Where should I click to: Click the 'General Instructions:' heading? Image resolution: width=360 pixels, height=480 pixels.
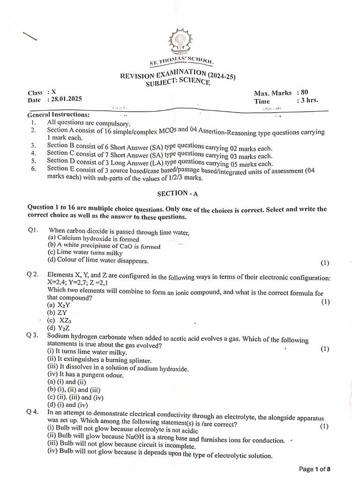pyautogui.click(x=59, y=115)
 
